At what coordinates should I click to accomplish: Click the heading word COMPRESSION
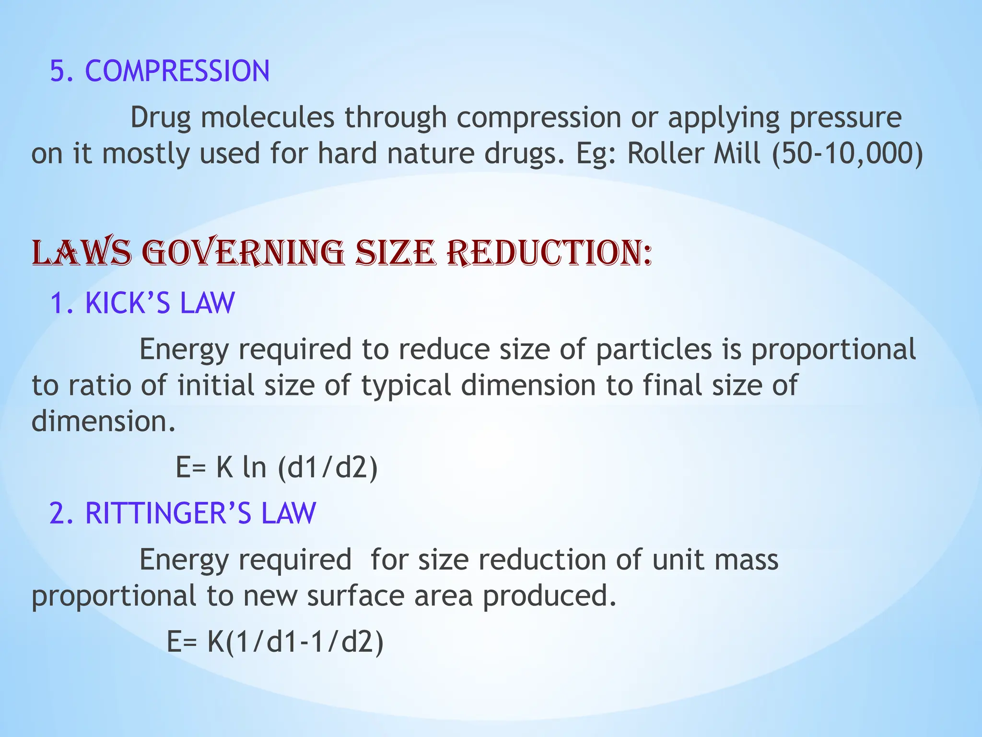pos(177,71)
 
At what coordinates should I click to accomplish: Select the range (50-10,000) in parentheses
pos(847,154)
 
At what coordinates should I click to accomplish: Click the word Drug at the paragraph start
pos(160,118)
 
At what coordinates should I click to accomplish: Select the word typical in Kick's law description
pos(406,385)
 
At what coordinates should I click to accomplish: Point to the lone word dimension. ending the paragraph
pos(104,421)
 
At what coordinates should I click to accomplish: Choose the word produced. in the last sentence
pos(549,596)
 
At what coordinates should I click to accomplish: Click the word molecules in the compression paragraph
pos(267,118)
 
